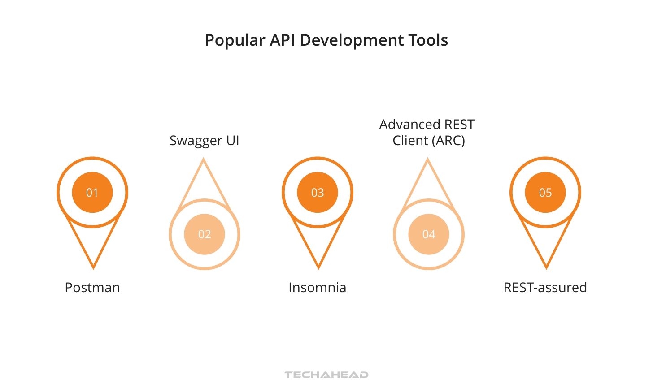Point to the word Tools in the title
pos(428,40)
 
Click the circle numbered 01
pos(92,193)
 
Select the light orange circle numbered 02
pos(205,234)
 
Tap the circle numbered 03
pos(318,193)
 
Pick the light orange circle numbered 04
pos(429,234)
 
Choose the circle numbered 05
pos(545,193)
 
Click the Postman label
pos(92,288)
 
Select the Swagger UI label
pos(205,141)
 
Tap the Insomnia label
pos(318,288)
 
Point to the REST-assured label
pos(545,288)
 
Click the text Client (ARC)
pos(429,141)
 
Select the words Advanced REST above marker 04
pos(427,125)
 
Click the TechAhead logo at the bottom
pos(326,375)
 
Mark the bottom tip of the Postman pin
pos(93,267)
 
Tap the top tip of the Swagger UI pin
pos(204,160)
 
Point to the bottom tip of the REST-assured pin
pos(546,267)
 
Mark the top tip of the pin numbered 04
pos(428,160)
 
